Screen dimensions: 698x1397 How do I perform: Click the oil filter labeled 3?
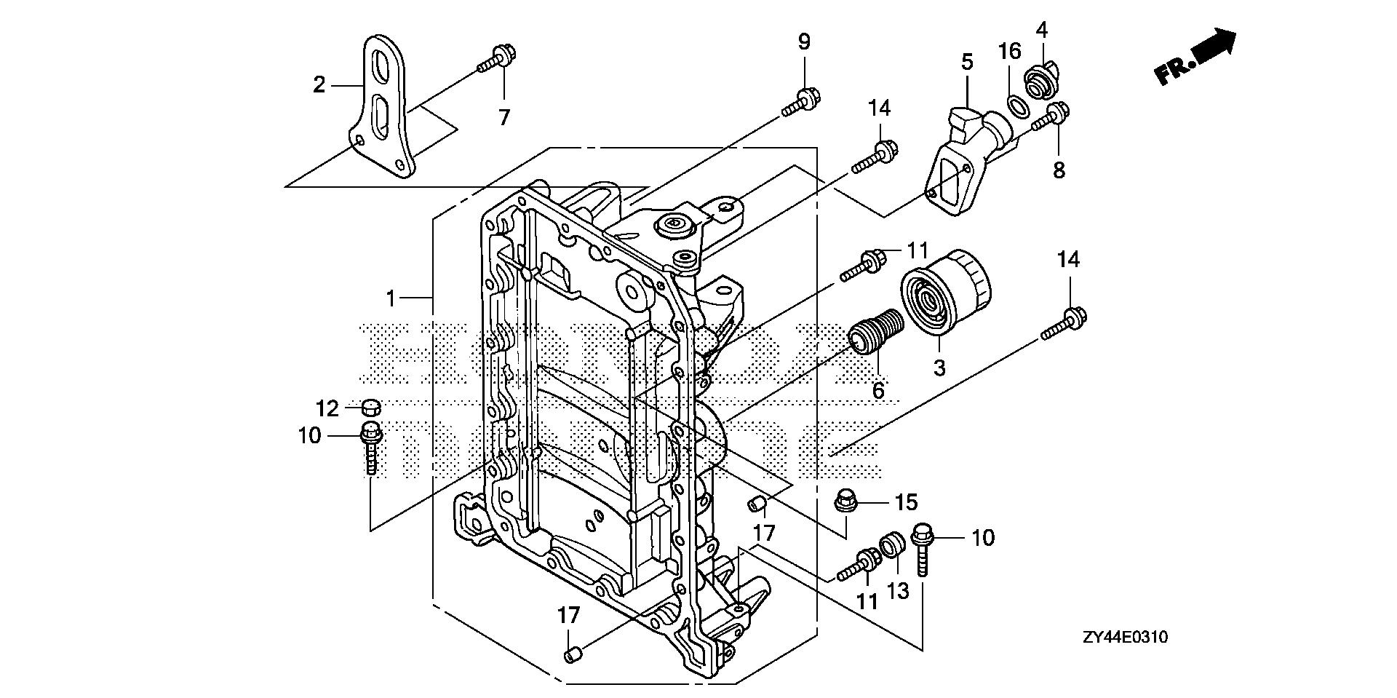[945, 294]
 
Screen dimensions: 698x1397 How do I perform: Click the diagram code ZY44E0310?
[1124, 638]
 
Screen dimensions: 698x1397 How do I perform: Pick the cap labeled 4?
[1039, 82]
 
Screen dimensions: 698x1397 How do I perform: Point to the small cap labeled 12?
[371, 406]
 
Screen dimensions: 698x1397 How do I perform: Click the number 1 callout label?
[391, 298]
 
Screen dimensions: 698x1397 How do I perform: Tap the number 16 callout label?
[1009, 51]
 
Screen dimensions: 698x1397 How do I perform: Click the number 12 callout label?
[327, 408]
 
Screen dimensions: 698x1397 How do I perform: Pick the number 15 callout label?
[907, 502]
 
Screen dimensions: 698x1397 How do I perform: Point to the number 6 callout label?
[878, 391]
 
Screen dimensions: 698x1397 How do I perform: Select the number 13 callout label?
[898, 592]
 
